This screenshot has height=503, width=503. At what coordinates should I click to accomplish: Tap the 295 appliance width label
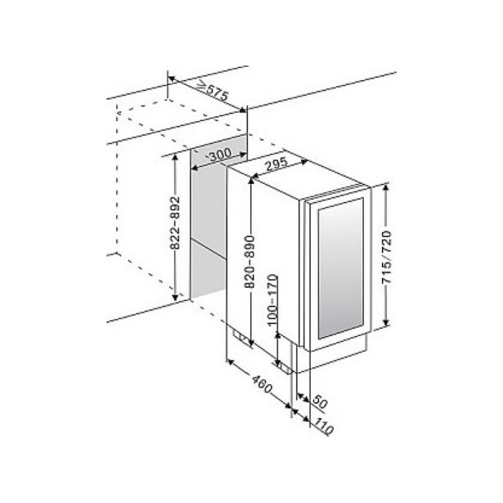coord(276,164)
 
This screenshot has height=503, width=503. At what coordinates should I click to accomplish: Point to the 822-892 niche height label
coord(175,222)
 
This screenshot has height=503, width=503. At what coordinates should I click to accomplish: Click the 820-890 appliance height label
coord(249,262)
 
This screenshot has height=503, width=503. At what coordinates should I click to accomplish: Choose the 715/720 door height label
coord(387,257)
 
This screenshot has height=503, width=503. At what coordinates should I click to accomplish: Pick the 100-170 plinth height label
coord(272,300)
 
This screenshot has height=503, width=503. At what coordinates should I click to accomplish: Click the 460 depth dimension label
coord(262,384)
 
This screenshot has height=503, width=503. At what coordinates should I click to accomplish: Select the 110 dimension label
coord(323,426)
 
